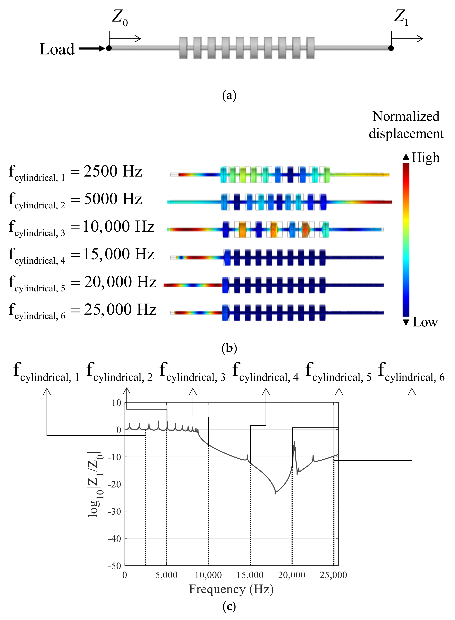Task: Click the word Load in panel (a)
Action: pos(57,49)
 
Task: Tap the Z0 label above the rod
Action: pos(120,18)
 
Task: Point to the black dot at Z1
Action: pos(391,48)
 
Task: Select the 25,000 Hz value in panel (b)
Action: pos(120,309)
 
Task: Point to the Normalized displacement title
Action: pos(406,125)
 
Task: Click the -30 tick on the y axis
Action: pos(115,512)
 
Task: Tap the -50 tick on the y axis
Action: pos(115,566)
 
